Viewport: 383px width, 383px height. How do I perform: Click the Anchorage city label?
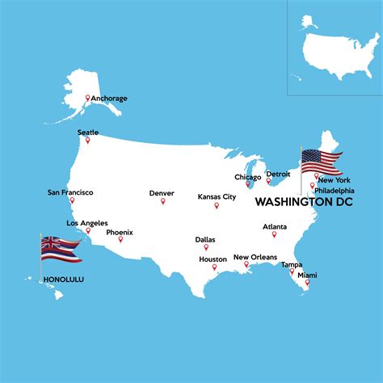click(108, 99)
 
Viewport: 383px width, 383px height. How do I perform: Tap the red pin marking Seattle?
click(88, 141)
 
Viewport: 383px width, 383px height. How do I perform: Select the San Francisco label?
click(70, 192)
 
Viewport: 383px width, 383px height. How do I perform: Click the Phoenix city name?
click(120, 232)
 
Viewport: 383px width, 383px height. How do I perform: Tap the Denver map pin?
click(162, 200)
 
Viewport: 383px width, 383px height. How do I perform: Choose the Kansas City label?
click(217, 196)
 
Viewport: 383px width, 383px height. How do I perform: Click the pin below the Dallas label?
click(205, 247)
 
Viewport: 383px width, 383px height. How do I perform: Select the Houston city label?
click(213, 259)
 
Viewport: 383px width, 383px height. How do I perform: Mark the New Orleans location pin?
click(246, 264)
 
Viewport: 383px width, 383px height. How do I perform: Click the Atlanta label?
click(274, 226)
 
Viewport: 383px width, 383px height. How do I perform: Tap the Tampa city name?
click(292, 264)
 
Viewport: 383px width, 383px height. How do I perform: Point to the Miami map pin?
click(306, 283)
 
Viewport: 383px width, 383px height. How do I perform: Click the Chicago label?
click(247, 177)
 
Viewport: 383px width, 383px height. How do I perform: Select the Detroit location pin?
click(269, 181)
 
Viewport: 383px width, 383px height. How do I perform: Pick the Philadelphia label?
click(334, 190)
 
